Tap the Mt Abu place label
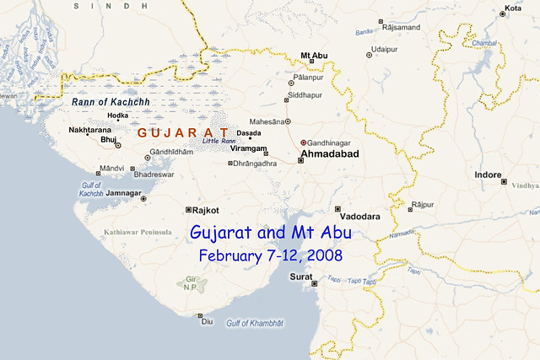[313, 56]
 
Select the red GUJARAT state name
[182, 133]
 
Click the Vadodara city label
[360, 217]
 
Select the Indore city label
[489, 175]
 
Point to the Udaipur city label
[384, 50]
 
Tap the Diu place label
[206, 323]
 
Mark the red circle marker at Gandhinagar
[303, 142]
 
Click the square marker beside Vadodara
[337, 208]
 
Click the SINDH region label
[94, 6]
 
